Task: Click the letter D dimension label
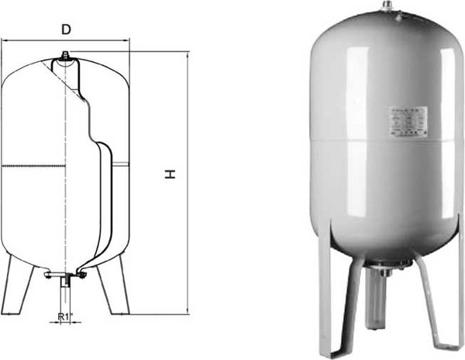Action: click(67, 29)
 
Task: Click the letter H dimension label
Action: click(170, 176)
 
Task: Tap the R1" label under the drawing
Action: click(67, 317)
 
